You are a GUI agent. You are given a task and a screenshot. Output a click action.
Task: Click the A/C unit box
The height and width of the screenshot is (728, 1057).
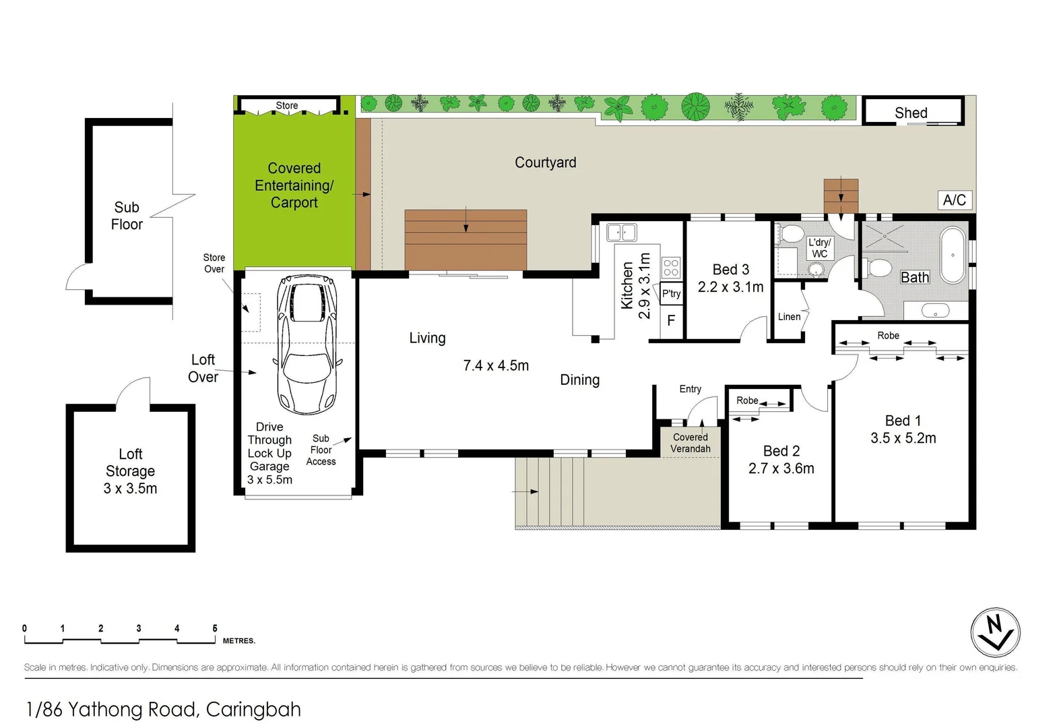[954, 200]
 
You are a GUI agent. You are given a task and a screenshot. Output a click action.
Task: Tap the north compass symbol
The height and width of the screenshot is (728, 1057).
[995, 632]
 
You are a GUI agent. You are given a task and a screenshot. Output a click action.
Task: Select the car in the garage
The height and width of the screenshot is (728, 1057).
[307, 344]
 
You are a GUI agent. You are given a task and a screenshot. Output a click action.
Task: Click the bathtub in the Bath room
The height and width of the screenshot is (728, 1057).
[953, 255]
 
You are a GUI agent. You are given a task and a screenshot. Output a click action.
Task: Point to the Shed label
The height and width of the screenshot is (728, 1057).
[911, 113]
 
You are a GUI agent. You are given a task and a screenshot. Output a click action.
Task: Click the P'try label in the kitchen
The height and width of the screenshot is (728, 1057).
[671, 293]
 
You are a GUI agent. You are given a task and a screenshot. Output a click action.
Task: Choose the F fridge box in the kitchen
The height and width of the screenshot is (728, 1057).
[671, 321]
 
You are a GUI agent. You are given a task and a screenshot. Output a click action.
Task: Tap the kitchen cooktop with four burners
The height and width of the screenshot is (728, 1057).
[670, 268]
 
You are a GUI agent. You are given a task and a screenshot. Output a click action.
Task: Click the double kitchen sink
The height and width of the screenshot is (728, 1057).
[621, 233]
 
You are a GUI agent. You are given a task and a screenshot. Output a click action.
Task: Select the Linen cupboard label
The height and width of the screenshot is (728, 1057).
[789, 317]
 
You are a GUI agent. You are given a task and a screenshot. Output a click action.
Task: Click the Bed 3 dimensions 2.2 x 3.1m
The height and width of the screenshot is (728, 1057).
[730, 286]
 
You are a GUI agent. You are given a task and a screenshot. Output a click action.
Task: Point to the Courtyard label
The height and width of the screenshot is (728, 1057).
[546, 162]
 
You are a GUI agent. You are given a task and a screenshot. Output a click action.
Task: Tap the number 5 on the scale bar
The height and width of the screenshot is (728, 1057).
[215, 628]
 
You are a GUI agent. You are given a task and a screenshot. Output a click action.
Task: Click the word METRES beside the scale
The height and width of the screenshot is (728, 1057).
[238, 640]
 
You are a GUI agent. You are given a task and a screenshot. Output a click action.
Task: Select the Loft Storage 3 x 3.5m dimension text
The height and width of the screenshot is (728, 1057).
[130, 488]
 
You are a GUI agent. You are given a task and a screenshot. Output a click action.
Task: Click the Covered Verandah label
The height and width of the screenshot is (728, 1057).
[691, 443]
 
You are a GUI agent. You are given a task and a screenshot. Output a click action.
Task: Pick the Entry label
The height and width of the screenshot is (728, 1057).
[690, 389]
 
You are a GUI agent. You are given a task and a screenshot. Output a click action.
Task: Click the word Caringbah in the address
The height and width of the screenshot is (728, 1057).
[253, 710]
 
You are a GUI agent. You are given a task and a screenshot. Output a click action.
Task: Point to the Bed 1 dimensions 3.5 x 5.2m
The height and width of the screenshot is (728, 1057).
[903, 438]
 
